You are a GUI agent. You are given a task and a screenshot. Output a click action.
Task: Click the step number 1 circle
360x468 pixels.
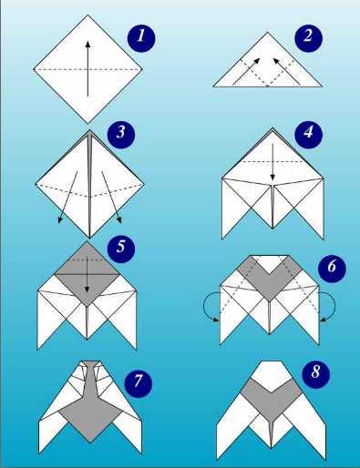tap(141, 37)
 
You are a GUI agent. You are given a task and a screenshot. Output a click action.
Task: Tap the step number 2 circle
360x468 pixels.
tap(308, 37)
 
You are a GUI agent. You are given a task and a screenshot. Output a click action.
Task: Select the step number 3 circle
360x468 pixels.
tap(121, 134)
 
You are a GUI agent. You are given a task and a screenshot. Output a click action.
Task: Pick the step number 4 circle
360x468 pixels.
tap(309, 134)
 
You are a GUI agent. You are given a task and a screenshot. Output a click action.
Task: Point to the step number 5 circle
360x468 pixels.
tap(121, 247)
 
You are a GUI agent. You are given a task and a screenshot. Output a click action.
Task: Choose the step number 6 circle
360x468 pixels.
tap(332, 268)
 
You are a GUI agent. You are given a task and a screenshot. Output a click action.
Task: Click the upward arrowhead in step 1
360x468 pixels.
tap(87, 44)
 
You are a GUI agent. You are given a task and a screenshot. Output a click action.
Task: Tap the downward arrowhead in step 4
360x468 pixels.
tap(273, 177)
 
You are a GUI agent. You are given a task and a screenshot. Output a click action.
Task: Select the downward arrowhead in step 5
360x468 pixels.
tap(87, 290)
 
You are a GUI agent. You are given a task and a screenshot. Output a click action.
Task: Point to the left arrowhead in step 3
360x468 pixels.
tap(60, 220)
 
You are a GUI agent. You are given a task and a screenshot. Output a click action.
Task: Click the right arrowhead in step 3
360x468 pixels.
tap(118, 220)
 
